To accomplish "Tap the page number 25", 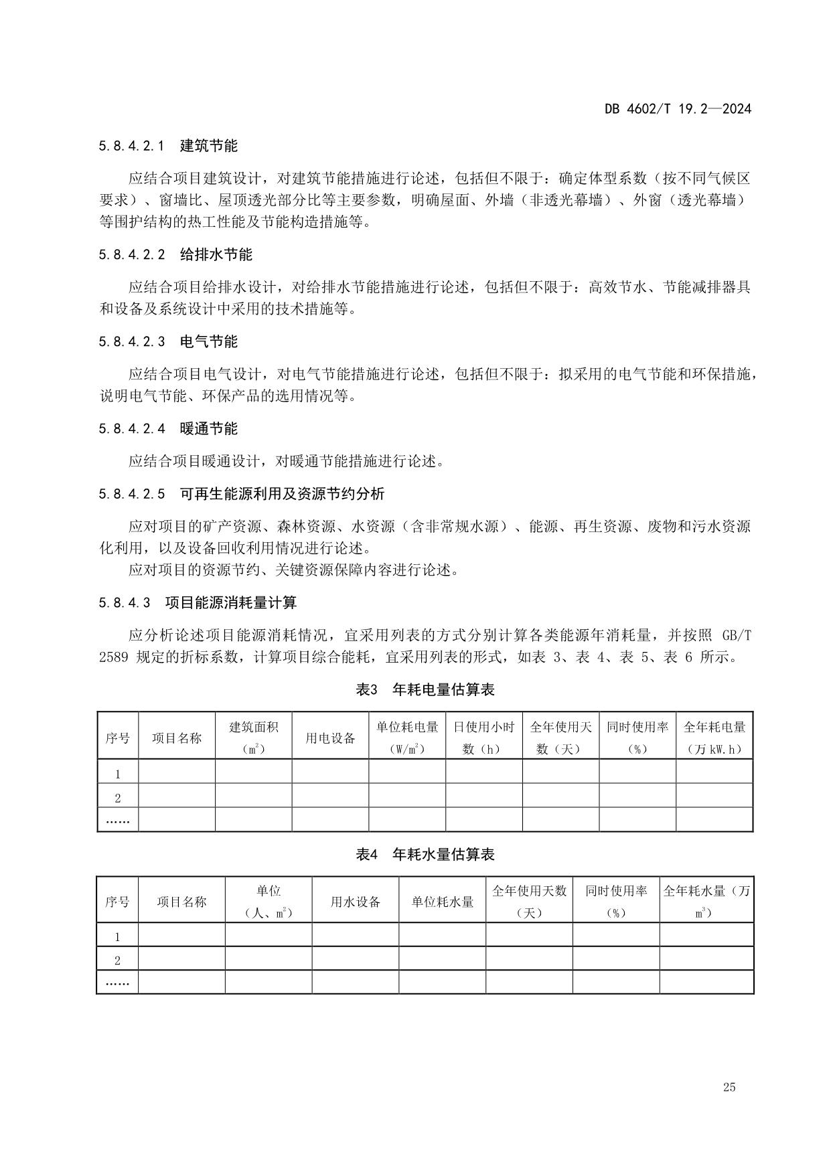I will coord(729,1087).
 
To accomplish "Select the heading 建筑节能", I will coord(209,146).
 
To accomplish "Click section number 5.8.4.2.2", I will coord(132,255).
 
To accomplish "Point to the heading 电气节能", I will coord(209,342).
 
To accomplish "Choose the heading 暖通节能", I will coord(209,429).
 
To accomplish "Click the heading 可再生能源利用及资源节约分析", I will coord(282,495).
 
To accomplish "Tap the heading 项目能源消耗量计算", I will coord(231,603).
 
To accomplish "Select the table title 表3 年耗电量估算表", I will coord(425,689).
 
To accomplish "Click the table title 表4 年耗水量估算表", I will coord(425,854).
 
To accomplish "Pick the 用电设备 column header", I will coord(330,738).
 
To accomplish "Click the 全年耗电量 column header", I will coord(714,738).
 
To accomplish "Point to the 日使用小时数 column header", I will coord(483,738).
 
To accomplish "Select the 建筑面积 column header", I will coord(253,738).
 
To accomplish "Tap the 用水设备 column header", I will coord(355,902).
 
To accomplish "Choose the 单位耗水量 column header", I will coord(442,902).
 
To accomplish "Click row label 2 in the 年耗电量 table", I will coord(118,798).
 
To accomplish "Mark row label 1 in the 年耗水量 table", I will coord(118,937).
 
